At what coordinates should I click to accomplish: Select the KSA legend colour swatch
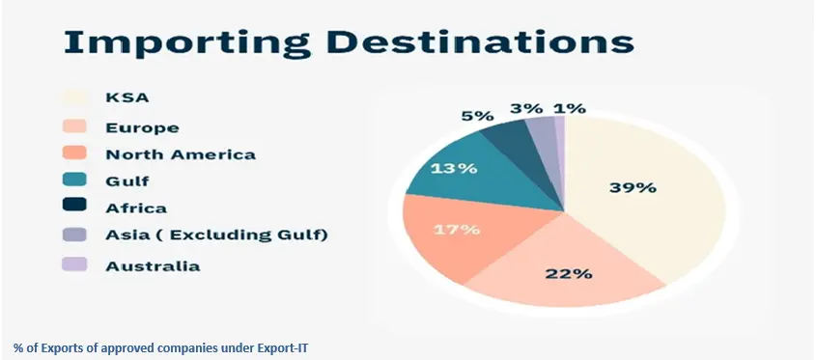tap(73, 97)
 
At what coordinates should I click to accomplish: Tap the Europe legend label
tap(142, 125)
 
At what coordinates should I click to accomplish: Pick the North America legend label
tap(181, 153)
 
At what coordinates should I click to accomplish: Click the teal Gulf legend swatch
tap(73, 180)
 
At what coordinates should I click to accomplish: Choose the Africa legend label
tap(136, 208)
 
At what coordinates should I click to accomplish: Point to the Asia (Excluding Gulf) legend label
tap(202, 235)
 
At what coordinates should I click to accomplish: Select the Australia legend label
tap(153, 264)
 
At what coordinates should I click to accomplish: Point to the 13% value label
tap(454, 168)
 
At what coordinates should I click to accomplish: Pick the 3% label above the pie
tap(526, 108)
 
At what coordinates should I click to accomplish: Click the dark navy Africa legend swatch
tap(73, 207)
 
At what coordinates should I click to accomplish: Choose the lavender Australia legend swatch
tap(73, 263)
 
